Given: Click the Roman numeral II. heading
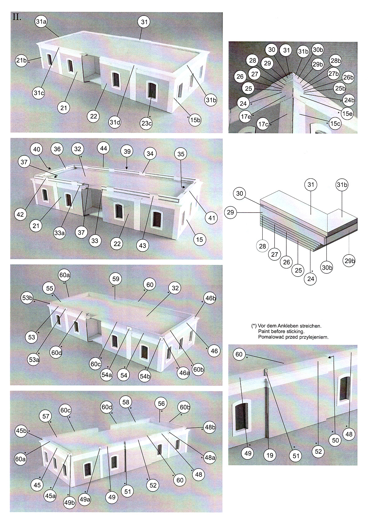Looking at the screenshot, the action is click(17, 17).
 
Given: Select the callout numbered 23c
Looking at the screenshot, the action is click(146, 123).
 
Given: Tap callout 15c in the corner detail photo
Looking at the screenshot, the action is click(335, 124).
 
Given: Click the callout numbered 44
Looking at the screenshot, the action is click(104, 149).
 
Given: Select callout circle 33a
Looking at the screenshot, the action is click(59, 233).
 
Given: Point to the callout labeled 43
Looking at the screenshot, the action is click(142, 245).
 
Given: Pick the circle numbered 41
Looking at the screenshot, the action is click(211, 218).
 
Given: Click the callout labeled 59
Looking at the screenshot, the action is click(116, 279).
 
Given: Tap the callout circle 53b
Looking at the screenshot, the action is click(27, 298).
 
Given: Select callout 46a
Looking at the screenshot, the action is click(184, 373).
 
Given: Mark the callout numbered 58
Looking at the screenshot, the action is click(126, 402).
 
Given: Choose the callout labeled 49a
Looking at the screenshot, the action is click(85, 499).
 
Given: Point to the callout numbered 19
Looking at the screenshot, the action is click(270, 455).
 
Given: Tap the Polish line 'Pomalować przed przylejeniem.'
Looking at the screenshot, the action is click(293, 337).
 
